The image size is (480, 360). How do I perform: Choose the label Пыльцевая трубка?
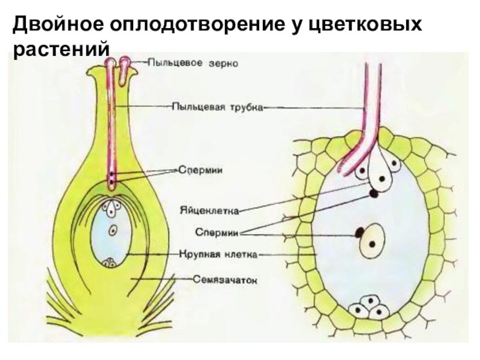click(217, 107)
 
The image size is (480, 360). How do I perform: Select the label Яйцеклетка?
click(209, 211)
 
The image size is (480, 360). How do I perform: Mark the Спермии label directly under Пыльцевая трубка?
click(200, 170)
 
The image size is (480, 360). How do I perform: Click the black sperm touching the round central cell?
click(359, 232)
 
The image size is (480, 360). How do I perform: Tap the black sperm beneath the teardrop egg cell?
click(373, 193)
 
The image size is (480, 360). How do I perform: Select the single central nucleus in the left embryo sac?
click(113, 230)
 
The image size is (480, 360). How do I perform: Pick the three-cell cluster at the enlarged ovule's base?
click(368, 307)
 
